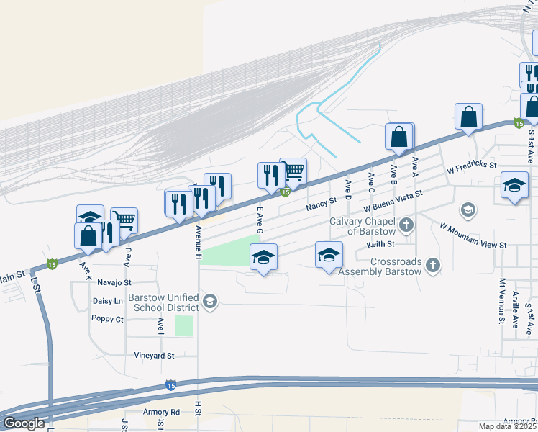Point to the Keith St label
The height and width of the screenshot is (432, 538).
(380, 245)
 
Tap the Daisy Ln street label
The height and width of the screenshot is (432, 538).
(108, 301)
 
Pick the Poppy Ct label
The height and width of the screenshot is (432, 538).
(108, 318)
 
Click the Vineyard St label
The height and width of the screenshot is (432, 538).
(154, 356)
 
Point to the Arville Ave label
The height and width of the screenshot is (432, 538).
(516, 310)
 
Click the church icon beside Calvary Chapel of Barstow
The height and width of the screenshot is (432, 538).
(406, 226)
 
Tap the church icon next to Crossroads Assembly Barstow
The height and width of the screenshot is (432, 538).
(432, 266)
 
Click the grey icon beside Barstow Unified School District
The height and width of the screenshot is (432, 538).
(209, 302)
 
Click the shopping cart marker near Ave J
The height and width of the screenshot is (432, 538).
(124, 220)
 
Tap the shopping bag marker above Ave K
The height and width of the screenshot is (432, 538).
(88, 236)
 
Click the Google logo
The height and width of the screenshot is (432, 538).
(23, 423)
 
